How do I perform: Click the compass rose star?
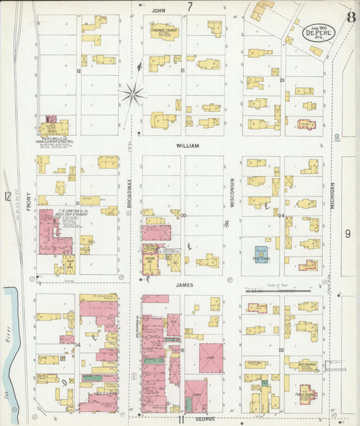[x=133, y=93]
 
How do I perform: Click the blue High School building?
[x=261, y=253]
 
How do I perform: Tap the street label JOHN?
[x=159, y=11]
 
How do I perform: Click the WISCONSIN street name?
[x=232, y=193]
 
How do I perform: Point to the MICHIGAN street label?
[x=333, y=201]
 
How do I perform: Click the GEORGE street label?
[x=206, y=419]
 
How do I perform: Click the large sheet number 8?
[x=351, y=17]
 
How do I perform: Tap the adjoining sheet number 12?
[x=7, y=196]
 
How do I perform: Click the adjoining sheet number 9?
[x=348, y=234]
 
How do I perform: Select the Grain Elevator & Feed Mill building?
[x=54, y=128]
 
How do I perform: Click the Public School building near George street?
[x=306, y=392]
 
